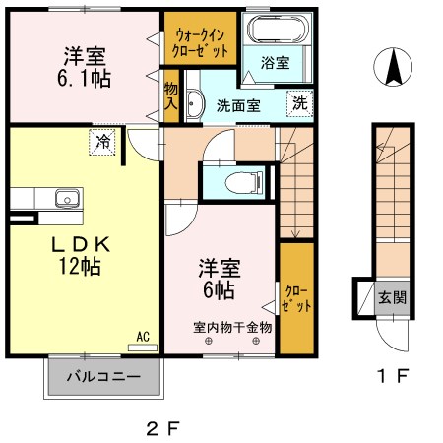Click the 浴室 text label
pyautogui.click(x=275, y=63)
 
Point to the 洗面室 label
pyautogui.click(x=238, y=105)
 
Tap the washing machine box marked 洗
pyautogui.click(x=298, y=102)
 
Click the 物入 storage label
pyautogui.click(x=171, y=95)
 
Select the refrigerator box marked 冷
pyautogui.click(x=103, y=142)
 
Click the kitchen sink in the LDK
pyautogui.click(x=67, y=198)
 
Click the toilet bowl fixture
pyautogui.click(x=237, y=180)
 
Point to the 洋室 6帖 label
pyautogui.click(x=219, y=279)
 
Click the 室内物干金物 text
pyautogui.click(x=232, y=327)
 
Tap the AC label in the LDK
pyautogui.click(x=143, y=337)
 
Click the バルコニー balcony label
pyautogui.click(x=102, y=376)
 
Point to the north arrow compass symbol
pyautogui.click(x=393, y=69)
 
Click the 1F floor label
pyautogui.click(x=390, y=375)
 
